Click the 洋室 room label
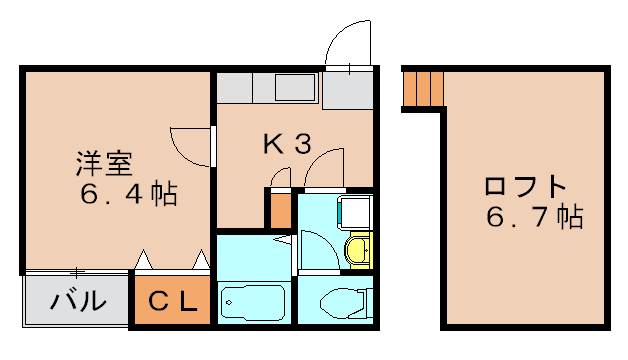pyautogui.click(x=104, y=163)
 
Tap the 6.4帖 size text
pyautogui.click(x=129, y=193)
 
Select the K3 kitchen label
pyautogui.click(x=287, y=144)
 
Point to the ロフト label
pyautogui.click(x=525, y=187)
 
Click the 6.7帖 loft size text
pyautogui.click(x=535, y=216)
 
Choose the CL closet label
pyautogui.click(x=173, y=301)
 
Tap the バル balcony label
pyautogui.click(x=78, y=300)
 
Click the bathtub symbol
pyautogui.click(x=253, y=302)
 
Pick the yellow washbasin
pyautogui.click(x=359, y=250)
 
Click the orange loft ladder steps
pyautogui.click(x=424, y=89)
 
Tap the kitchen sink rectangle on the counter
pyautogui.click(x=295, y=88)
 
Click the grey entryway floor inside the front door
pyautogui.click(x=348, y=90)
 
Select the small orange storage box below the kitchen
pyautogui.click(x=281, y=211)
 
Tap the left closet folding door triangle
pyautogui.click(x=143, y=259)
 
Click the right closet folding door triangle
pyautogui.click(x=201, y=259)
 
